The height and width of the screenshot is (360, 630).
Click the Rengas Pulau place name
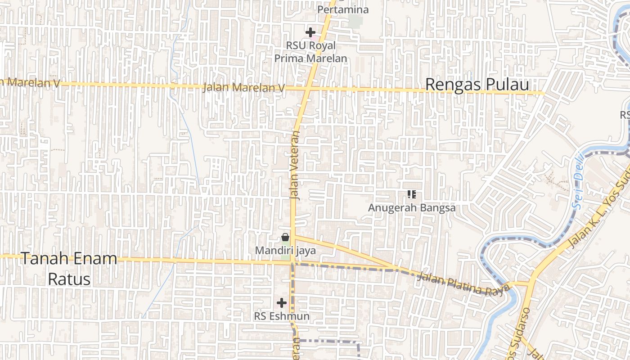pyautogui.click(x=477, y=85)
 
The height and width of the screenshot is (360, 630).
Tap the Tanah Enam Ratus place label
pyautogui.click(x=69, y=269)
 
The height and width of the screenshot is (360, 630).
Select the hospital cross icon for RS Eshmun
pyautogui.click(x=282, y=303)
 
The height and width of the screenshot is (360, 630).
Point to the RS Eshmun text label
pyautogui.click(x=282, y=316)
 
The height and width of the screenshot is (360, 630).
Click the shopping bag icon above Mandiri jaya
pyautogui.click(x=285, y=237)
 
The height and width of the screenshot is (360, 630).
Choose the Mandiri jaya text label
pyautogui.click(x=285, y=251)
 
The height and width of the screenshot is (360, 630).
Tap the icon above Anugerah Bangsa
pyautogui.click(x=411, y=194)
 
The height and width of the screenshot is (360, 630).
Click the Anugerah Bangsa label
pyautogui.click(x=411, y=208)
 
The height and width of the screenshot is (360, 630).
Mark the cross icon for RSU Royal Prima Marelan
pyautogui.click(x=310, y=32)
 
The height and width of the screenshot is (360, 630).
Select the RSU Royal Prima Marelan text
pyautogui.click(x=310, y=52)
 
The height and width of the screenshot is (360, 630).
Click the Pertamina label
pyautogui.click(x=343, y=9)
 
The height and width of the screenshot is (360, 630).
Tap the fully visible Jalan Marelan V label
pyautogui.click(x=243, y=87)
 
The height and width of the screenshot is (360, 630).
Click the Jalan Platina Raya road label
pyautogui.click(x=463, y=283)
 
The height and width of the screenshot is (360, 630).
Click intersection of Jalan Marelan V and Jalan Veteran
pyautogui.click(x=307, y=88)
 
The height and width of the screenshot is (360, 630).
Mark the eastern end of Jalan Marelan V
pyautogui.click(x=543, y=93)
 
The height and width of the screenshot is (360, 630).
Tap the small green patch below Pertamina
pyautogui.click(x=355, y=21)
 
